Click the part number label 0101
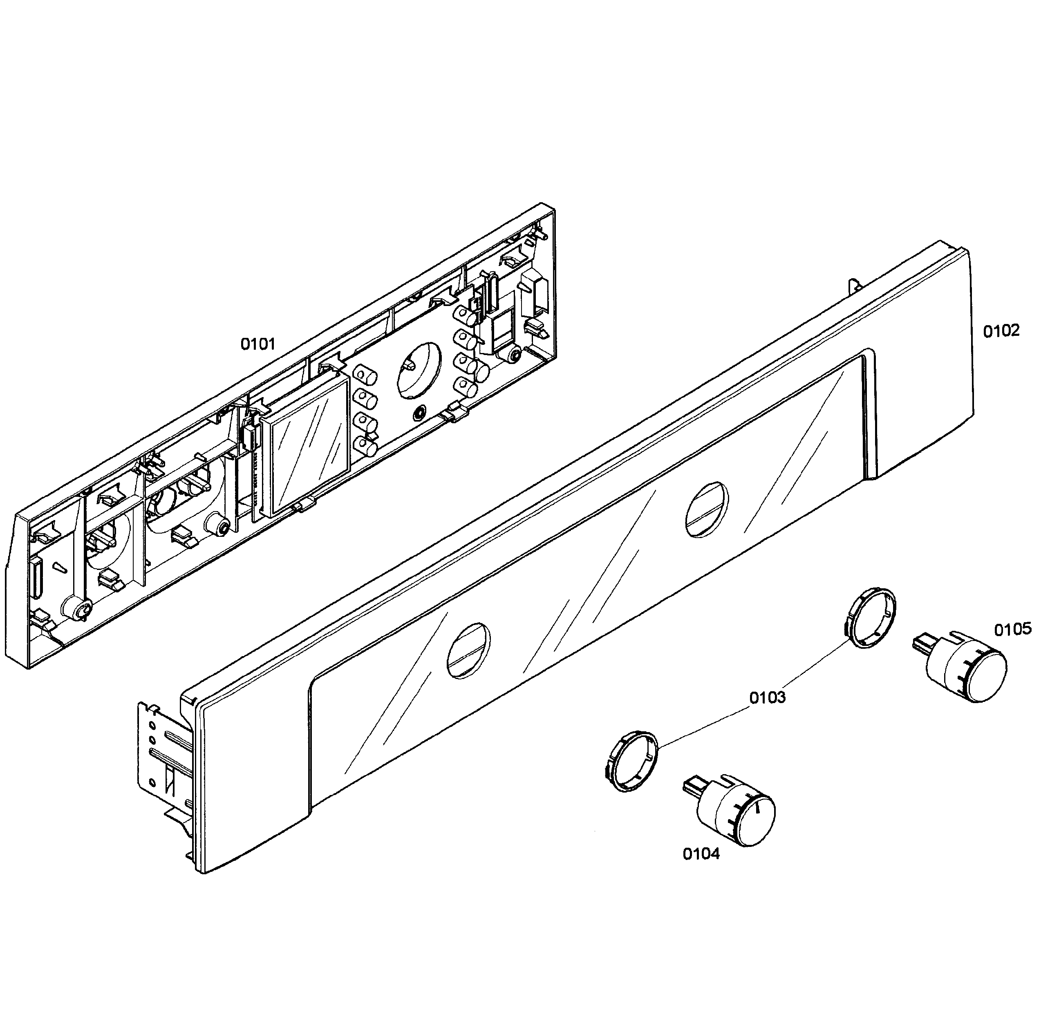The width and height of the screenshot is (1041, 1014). pos(258,344)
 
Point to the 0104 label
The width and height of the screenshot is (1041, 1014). pos(701,854)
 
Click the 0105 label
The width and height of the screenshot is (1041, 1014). pos(1012,630)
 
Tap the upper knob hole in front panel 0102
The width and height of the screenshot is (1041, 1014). pos(706,510)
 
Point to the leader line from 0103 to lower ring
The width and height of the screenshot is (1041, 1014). pos(703,724)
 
